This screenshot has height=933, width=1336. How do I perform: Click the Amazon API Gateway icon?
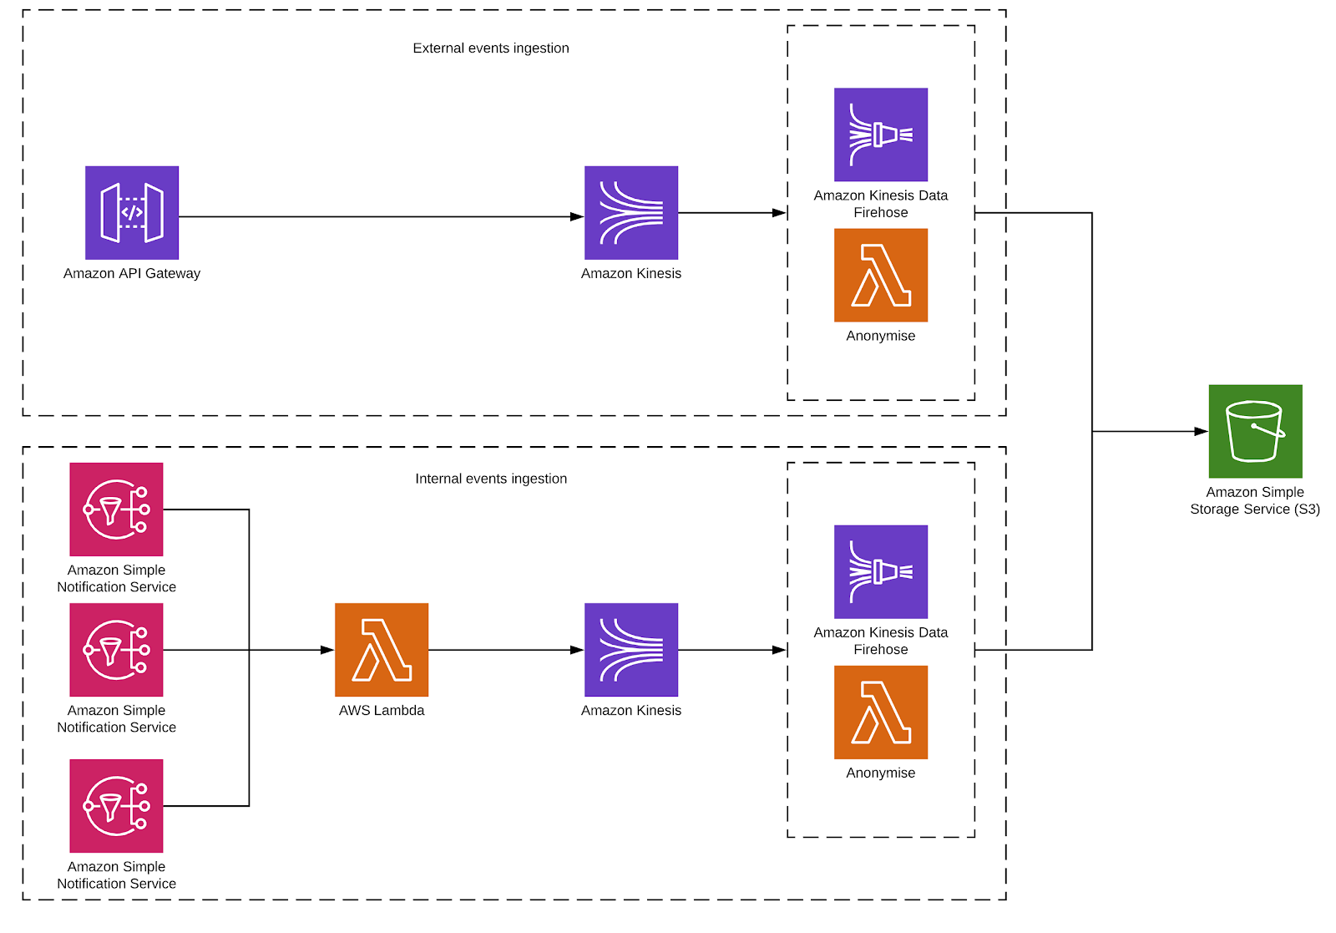(132, 212)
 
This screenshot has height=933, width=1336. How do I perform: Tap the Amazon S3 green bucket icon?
(1255, 431)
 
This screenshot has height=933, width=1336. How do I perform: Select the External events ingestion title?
(491, 48)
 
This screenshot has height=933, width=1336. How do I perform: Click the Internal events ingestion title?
(491, 479)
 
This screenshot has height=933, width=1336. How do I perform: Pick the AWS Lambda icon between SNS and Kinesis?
(382, 649)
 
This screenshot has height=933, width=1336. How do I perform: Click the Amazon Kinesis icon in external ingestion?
(631, 212)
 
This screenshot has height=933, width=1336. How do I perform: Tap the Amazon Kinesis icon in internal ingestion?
(631, 649)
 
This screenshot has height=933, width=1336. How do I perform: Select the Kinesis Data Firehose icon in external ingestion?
(881, 134)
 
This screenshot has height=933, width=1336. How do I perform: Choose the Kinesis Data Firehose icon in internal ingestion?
(881, 571)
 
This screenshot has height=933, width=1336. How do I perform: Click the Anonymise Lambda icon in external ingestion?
(881, 275)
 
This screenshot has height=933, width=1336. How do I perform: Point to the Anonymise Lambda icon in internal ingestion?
(881, 712)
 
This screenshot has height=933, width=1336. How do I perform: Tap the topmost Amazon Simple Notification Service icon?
(116, 509)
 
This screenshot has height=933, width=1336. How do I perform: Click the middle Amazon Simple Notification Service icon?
(116, 649)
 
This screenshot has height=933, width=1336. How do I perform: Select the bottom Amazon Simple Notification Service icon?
(116, 805)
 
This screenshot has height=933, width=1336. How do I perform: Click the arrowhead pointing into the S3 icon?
(1201, 431)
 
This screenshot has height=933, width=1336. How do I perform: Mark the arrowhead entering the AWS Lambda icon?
(327, 650)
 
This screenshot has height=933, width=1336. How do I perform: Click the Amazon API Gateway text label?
(132, 273)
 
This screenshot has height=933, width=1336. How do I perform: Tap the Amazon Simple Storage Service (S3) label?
(1255, 500)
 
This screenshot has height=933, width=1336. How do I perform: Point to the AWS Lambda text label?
(382, 711)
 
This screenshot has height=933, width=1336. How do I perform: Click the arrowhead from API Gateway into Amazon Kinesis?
(577, 216)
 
